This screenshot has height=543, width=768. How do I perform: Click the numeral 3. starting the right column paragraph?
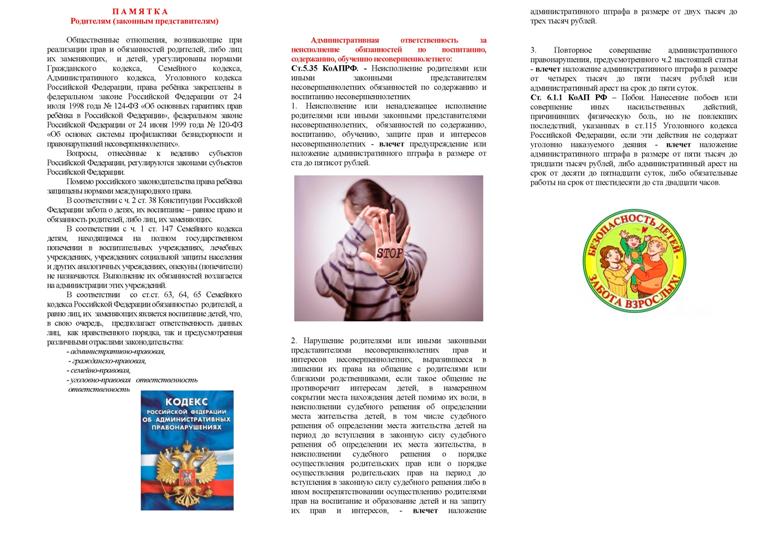pos(532,49)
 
